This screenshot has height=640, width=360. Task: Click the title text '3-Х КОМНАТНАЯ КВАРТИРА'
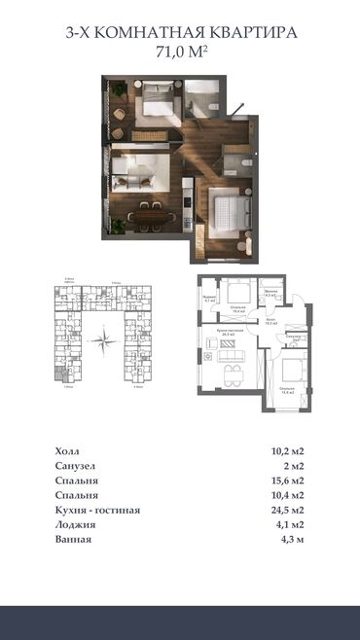pos(180,33)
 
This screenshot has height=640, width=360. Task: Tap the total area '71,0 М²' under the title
pos(180,52)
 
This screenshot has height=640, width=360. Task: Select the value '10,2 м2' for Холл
pos(283,451)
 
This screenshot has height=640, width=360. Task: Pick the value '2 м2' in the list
pos(291,466)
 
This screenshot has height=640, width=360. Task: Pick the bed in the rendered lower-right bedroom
pos(231,208)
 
